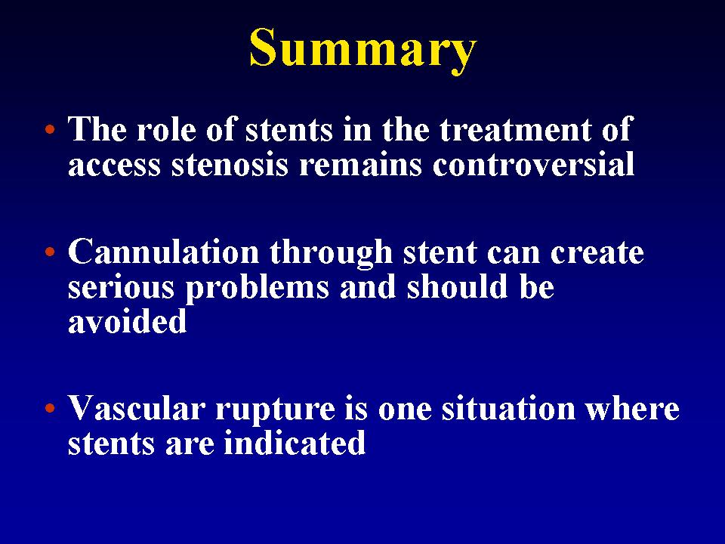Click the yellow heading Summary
point(363,49)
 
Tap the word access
point(114,165)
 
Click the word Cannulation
point(163,252)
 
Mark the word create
point(597,253)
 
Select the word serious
point(121,287)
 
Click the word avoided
point(127,321)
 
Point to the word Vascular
point(137,409)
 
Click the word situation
point(508,408)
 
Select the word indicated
point(295,443)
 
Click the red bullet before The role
point(50,129)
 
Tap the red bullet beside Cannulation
point(50,252)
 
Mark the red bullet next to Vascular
point(50,409)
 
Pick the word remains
point(361,165)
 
